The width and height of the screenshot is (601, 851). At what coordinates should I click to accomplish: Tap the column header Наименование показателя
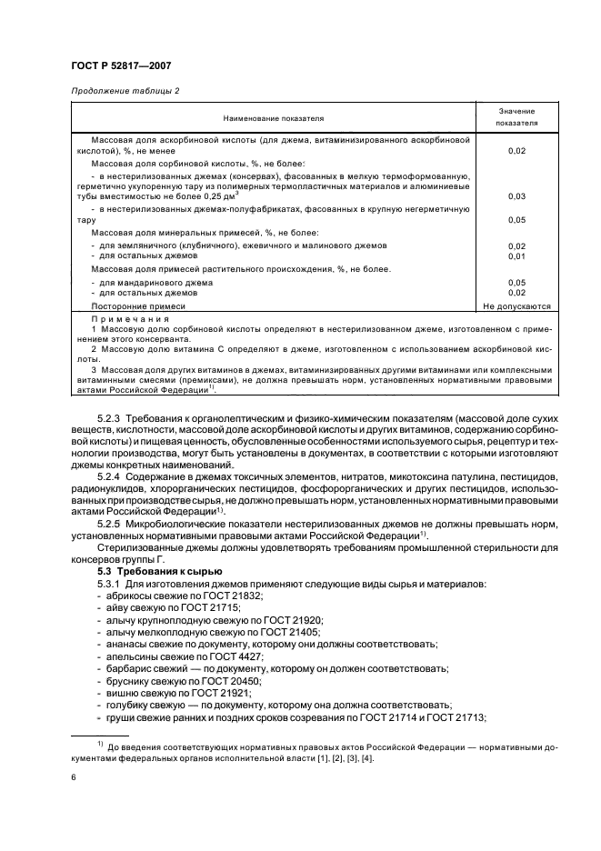click(x=270, y=118)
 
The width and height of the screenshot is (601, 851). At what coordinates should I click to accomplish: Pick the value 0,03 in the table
click(x=516, y=195)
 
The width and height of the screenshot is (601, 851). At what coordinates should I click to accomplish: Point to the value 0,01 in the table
click(x=516, y=255)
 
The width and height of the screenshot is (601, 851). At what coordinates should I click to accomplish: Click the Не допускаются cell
click(x=516, y=306)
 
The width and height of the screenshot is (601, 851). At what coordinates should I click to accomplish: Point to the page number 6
click(x=73, y=778)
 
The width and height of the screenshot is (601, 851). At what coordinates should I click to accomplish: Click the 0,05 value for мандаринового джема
click(x=516, y=283)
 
